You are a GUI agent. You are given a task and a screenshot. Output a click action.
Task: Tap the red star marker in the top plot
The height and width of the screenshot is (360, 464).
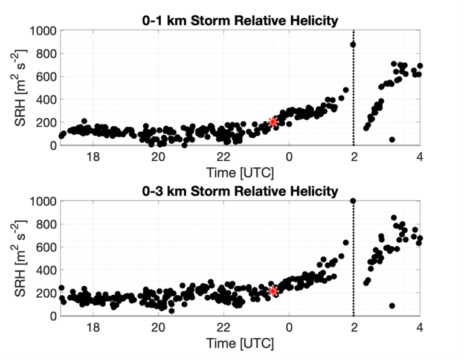tap(273, 121)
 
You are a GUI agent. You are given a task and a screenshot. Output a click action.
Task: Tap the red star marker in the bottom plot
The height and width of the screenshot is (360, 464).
tap(272, 291)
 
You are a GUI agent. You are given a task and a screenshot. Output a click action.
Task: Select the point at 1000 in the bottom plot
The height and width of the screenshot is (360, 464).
tap(353, 201)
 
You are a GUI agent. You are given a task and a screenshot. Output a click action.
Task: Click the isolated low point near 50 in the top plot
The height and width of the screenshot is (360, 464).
tap(392, 140)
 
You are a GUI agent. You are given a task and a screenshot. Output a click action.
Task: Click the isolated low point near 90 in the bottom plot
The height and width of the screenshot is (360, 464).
tap(392, 306)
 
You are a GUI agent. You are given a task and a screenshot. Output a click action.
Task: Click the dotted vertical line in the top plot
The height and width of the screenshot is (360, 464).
tap(353, 91)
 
